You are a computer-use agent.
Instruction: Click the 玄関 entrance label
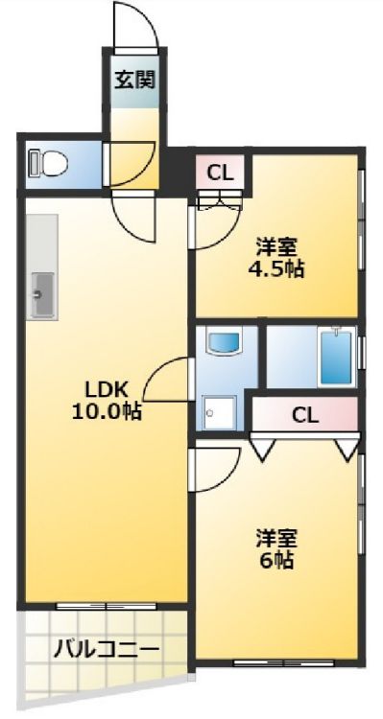(135, 79)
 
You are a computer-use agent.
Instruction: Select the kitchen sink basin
(42, 293)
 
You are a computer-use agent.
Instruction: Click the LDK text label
(106, 390)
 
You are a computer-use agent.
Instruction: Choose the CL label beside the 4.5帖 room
(220, 174)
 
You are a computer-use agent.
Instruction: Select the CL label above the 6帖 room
(305, 416)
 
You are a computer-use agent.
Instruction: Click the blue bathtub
(335, 357)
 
